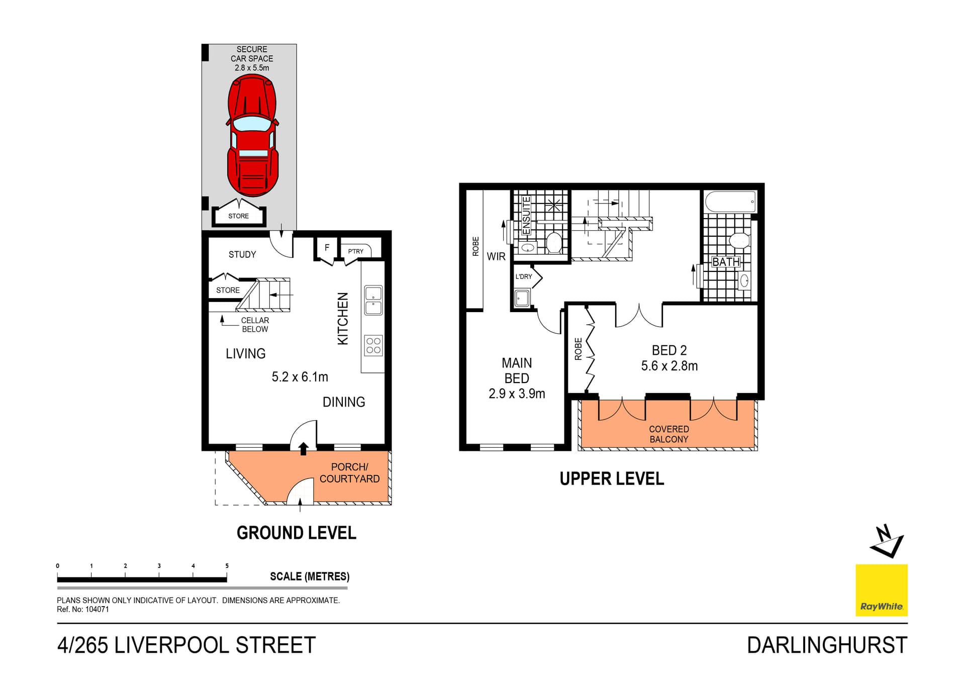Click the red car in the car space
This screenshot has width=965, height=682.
coord(252,135)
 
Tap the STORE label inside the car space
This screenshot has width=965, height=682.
coord(238,216)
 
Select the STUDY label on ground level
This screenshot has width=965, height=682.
coord(242,255)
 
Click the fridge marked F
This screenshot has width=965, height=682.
coord(327,248)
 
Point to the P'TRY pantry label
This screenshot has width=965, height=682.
coord(355,251)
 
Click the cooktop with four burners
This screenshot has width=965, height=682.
coord(373,345)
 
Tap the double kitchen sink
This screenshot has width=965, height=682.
coord(373,301)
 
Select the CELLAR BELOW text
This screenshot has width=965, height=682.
coord(255,325)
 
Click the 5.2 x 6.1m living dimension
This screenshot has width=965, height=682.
coord(300,377)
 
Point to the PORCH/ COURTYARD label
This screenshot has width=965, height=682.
coord(349,473)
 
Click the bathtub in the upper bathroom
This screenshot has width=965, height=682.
coord(730,202)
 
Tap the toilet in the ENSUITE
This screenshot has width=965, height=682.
coord(554,242)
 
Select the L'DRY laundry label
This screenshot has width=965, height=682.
coord(523,276)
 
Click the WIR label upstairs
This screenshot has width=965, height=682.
coord(496,257)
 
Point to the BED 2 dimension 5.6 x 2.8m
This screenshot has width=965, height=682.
coord(669,366)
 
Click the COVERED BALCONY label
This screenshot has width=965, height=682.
coord(668,434)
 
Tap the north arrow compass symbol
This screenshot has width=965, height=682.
coord(887,542)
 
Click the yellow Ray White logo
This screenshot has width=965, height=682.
coord(881,590)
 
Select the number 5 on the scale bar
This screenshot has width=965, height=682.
coord(227,566)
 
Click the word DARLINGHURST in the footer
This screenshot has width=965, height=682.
coord(827,645)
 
